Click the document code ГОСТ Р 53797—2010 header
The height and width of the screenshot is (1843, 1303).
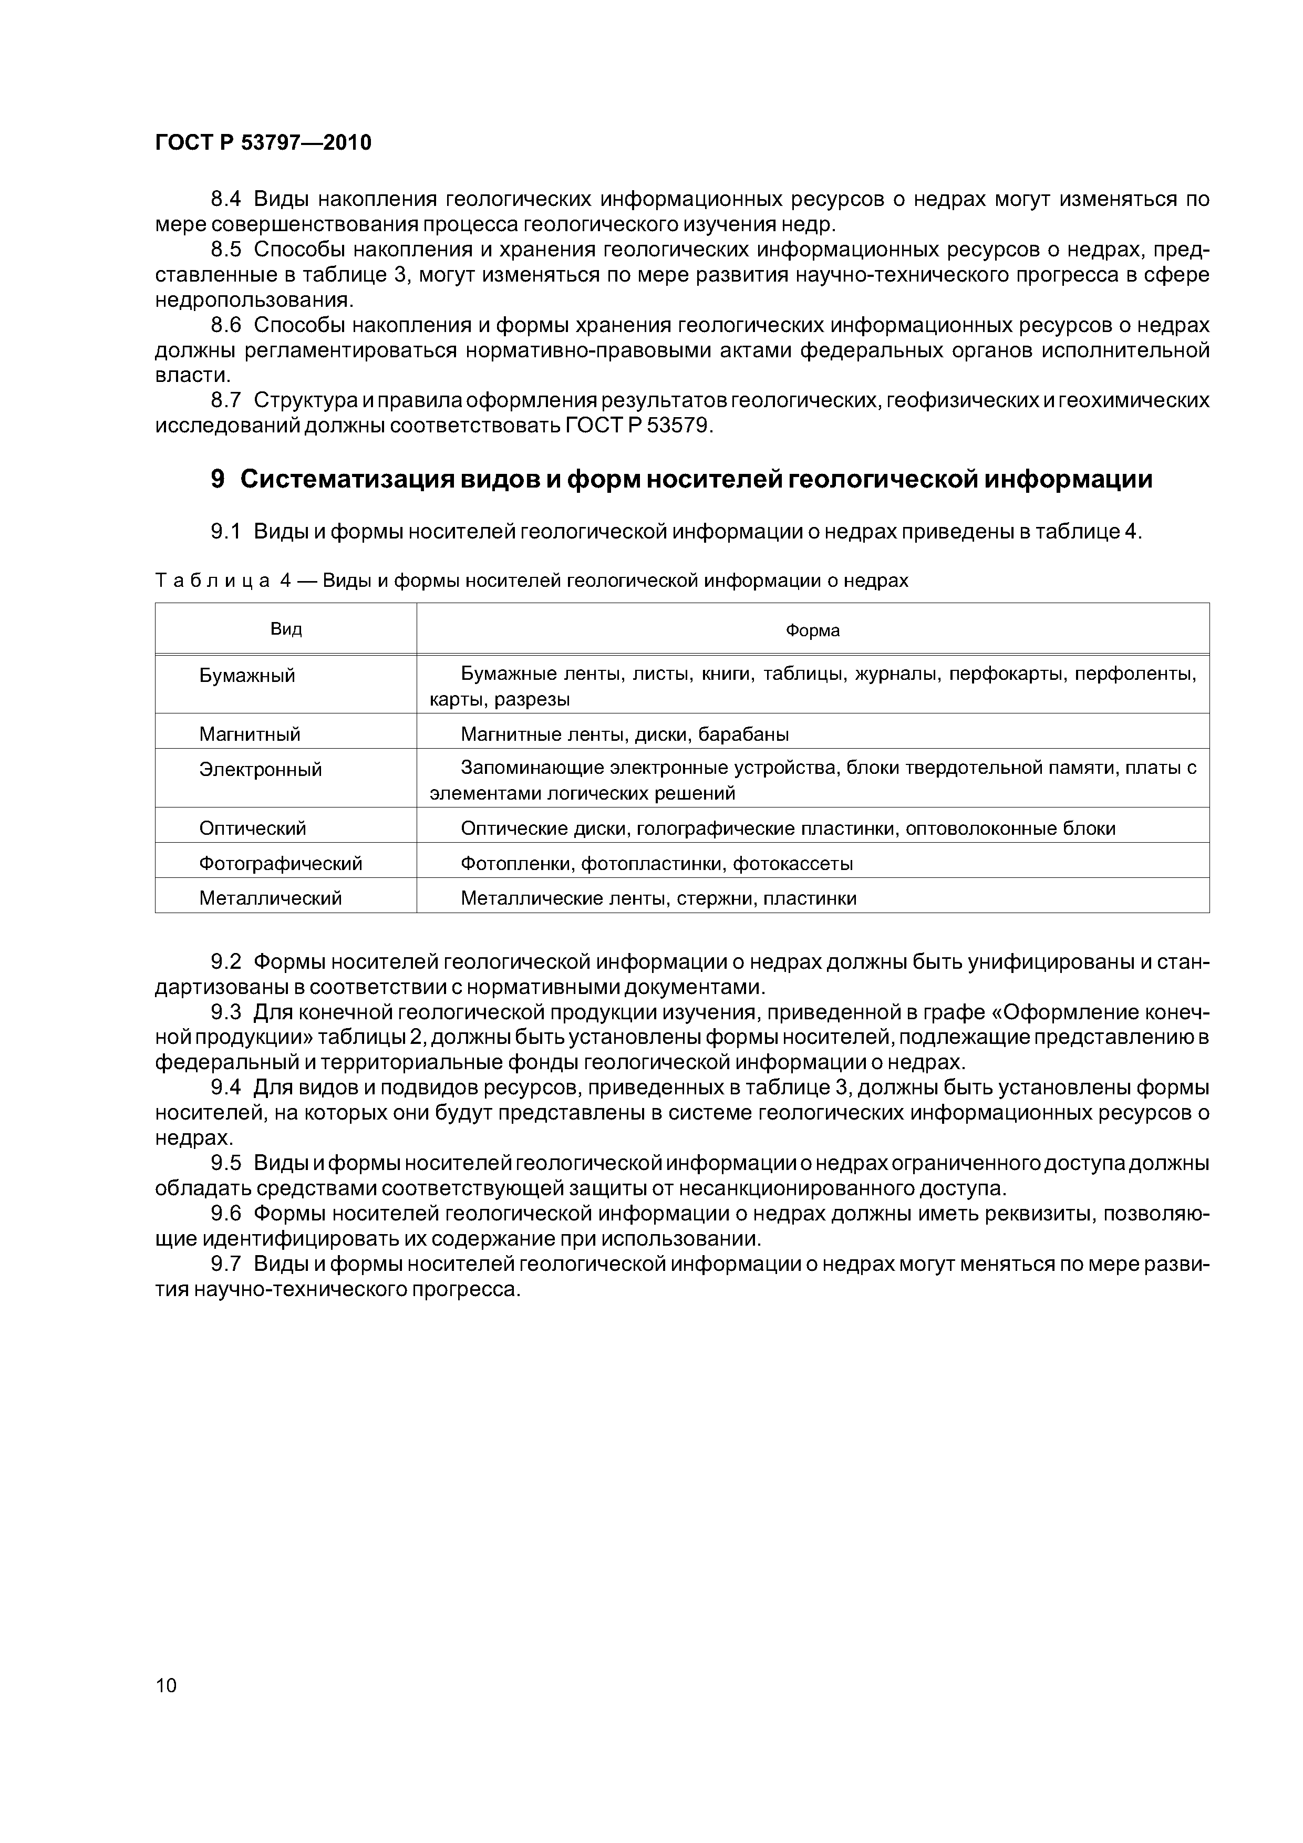[263, 143]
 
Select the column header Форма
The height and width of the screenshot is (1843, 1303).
[812, 630]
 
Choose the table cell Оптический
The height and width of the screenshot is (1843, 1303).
[253, 827]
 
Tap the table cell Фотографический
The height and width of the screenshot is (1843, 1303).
[281, 863]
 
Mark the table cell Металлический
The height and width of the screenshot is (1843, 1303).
[271, 898]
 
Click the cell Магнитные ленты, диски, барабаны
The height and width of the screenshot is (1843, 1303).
[625, 733]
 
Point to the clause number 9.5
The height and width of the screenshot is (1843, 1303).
[225, 1163]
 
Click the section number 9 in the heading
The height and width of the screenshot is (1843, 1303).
[218, 479]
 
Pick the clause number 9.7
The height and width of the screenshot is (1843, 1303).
[225, 1264]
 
